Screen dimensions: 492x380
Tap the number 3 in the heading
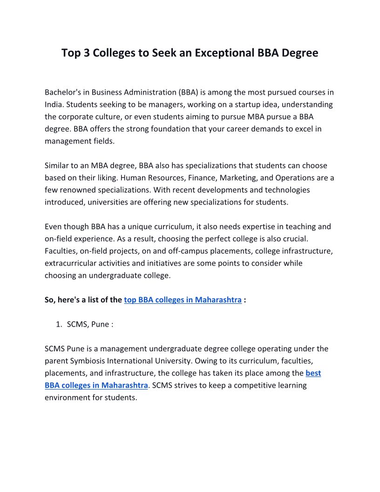(x=87, y=53)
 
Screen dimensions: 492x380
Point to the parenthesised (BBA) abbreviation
(x=185, y=92)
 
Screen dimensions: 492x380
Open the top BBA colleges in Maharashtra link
(x=183, y=300)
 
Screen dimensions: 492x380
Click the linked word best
(x=313, y=373)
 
